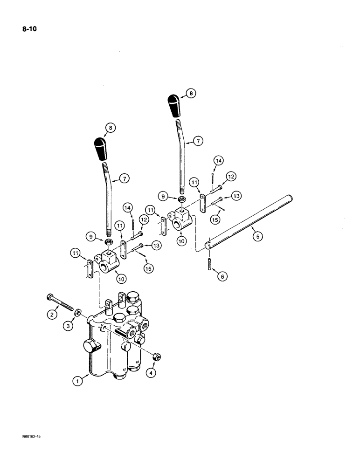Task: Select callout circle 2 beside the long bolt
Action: [x=52, y=315]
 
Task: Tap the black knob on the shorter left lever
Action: [x=103, y=149]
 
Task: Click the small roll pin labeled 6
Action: [x=207, y=260]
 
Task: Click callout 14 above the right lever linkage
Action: [x=218, y=161]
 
